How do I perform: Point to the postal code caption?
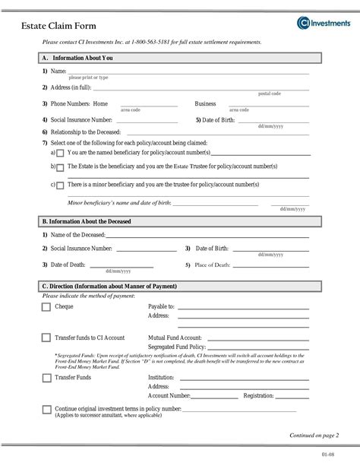pos(270,94)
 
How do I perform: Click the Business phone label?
pos(205,103)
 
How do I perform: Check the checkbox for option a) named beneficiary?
pos(60,153)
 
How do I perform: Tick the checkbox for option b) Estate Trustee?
pos(60,167)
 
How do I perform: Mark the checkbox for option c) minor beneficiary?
pos(60,185)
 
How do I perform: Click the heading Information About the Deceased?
pos(91,221)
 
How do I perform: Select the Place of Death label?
pos(213,264)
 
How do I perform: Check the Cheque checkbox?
pos(46,307)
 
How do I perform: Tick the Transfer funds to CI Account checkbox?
pos(46,338)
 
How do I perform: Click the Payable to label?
pos(161,306)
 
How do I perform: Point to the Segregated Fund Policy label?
pos(175,347)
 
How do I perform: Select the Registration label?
pos(259,395)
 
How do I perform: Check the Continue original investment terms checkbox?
pos(46,410)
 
